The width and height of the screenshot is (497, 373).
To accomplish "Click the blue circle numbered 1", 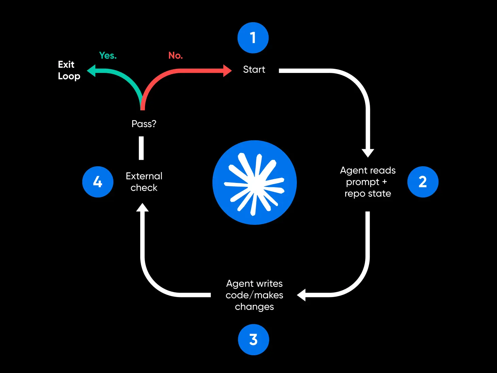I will coord(253,38).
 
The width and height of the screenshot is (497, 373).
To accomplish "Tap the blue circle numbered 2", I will coord(423,182).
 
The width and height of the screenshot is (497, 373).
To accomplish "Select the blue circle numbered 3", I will coord(253,340).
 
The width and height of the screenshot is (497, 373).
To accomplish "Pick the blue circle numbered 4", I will coord(98,182).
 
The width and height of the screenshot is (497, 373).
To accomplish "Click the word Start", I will coord(254,69).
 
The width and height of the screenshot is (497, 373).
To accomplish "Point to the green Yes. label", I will coord(108,56).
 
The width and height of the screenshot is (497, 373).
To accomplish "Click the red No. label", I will coord(176,56).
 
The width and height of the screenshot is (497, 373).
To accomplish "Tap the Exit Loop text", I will coord(69,70).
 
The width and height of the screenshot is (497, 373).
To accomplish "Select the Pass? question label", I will coord(144,124).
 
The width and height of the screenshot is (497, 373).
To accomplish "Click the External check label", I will coord(144,182).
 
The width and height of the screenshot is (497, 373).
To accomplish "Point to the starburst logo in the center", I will coord(255,183).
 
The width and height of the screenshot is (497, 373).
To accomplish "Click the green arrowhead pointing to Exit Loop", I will coord(91,71).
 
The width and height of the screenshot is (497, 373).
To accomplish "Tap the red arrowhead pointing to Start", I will coord(227,71).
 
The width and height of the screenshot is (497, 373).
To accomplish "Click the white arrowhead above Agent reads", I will coord(368,153).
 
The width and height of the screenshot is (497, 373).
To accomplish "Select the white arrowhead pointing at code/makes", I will coord(302,295).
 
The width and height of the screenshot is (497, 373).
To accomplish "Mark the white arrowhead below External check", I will coord(142,207).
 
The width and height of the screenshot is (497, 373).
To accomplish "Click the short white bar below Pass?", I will coord(141,148).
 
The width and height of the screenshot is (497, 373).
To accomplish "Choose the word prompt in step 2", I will coord(363,182).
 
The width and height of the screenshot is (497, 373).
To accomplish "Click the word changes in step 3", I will coord(254,307).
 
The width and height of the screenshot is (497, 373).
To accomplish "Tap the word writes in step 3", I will coord(270,284).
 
